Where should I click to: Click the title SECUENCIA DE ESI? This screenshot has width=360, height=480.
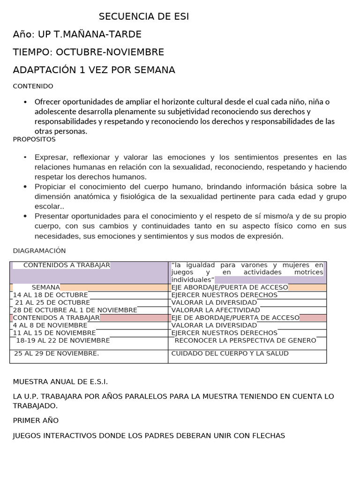(x=144, y=17)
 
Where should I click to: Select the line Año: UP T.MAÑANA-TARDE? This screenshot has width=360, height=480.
(x=77, y=34)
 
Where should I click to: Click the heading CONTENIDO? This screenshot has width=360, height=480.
(x=33, y=86)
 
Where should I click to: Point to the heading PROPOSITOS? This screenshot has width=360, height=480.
(x=34, y=139)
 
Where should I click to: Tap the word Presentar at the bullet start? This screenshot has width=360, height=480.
(x=52, y=216)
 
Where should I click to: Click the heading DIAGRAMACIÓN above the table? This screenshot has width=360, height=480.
(x=39, y=251)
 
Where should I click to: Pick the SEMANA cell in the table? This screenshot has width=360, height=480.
(x=46, y=287)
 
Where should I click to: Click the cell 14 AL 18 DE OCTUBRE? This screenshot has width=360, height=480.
(x=51, y=295)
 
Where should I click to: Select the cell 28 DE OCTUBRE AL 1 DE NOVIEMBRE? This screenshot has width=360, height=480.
(x=75, y=310)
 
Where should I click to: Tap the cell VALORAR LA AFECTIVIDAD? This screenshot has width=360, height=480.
(x=216, y=310)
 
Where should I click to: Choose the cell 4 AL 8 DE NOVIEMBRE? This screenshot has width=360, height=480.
(x=50, y=325)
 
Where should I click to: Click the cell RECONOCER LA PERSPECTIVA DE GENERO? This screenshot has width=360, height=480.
(x=245, y=340)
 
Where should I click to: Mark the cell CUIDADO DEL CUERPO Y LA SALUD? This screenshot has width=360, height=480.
(x=230, y=353)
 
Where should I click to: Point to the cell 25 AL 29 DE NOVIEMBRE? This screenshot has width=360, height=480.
(x=57, y=353)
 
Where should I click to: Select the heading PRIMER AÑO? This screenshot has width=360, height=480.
(x=36, y=420)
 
